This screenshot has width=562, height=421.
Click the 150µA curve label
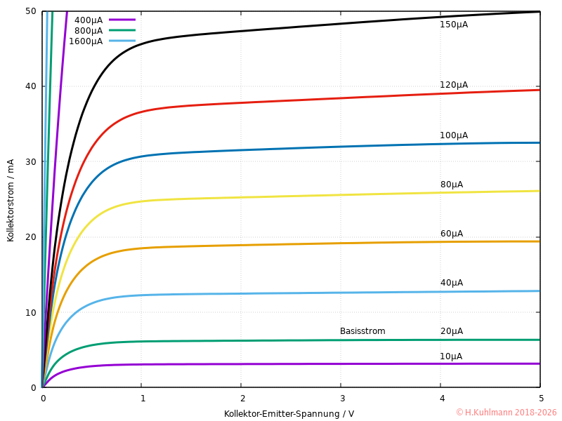click(453, 25)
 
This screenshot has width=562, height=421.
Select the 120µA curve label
click(453, 85)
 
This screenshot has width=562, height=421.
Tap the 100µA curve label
click(453, 135)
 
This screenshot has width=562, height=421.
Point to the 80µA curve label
click(451, 185)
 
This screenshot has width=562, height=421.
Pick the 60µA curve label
click(451, 234)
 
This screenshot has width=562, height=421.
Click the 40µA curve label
click(451, 283)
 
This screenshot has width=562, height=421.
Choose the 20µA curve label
click(451, 331)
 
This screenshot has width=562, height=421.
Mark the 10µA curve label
click(451, 356)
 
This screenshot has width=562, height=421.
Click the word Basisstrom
click(362, 331)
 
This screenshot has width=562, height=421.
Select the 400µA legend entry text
click(88, 20)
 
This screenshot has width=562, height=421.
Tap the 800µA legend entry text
click(88, 30)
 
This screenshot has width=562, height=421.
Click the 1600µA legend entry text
click(85, 41)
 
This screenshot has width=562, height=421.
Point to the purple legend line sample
click(122, 20)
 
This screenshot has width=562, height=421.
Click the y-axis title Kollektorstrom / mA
click(11, 199)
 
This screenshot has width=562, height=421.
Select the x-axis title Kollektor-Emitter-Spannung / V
click(289, 413)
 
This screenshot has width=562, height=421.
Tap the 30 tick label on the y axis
click(31, 161)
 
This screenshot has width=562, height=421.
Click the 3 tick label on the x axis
click(341, 399)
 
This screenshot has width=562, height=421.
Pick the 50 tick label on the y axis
click(31, 11)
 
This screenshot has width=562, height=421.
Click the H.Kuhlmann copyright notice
click(506, 413)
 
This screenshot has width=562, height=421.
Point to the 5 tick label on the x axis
click(540, 399)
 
